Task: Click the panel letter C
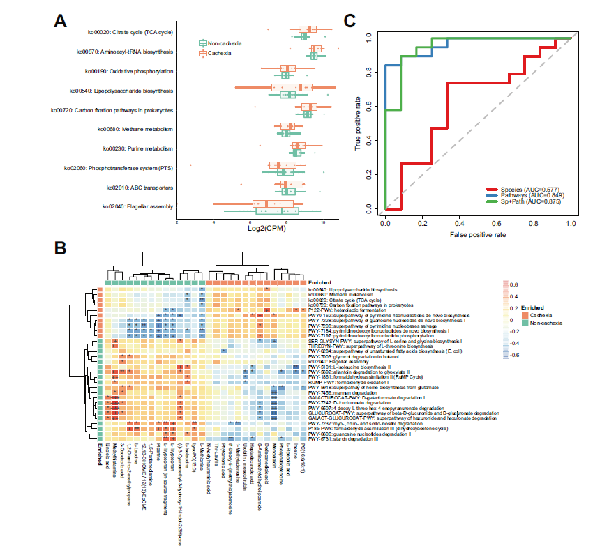coord(353,20)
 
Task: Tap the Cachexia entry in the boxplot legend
coord(220,52)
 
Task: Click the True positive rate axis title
coord(359,123)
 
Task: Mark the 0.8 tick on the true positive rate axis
coord(373,70)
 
